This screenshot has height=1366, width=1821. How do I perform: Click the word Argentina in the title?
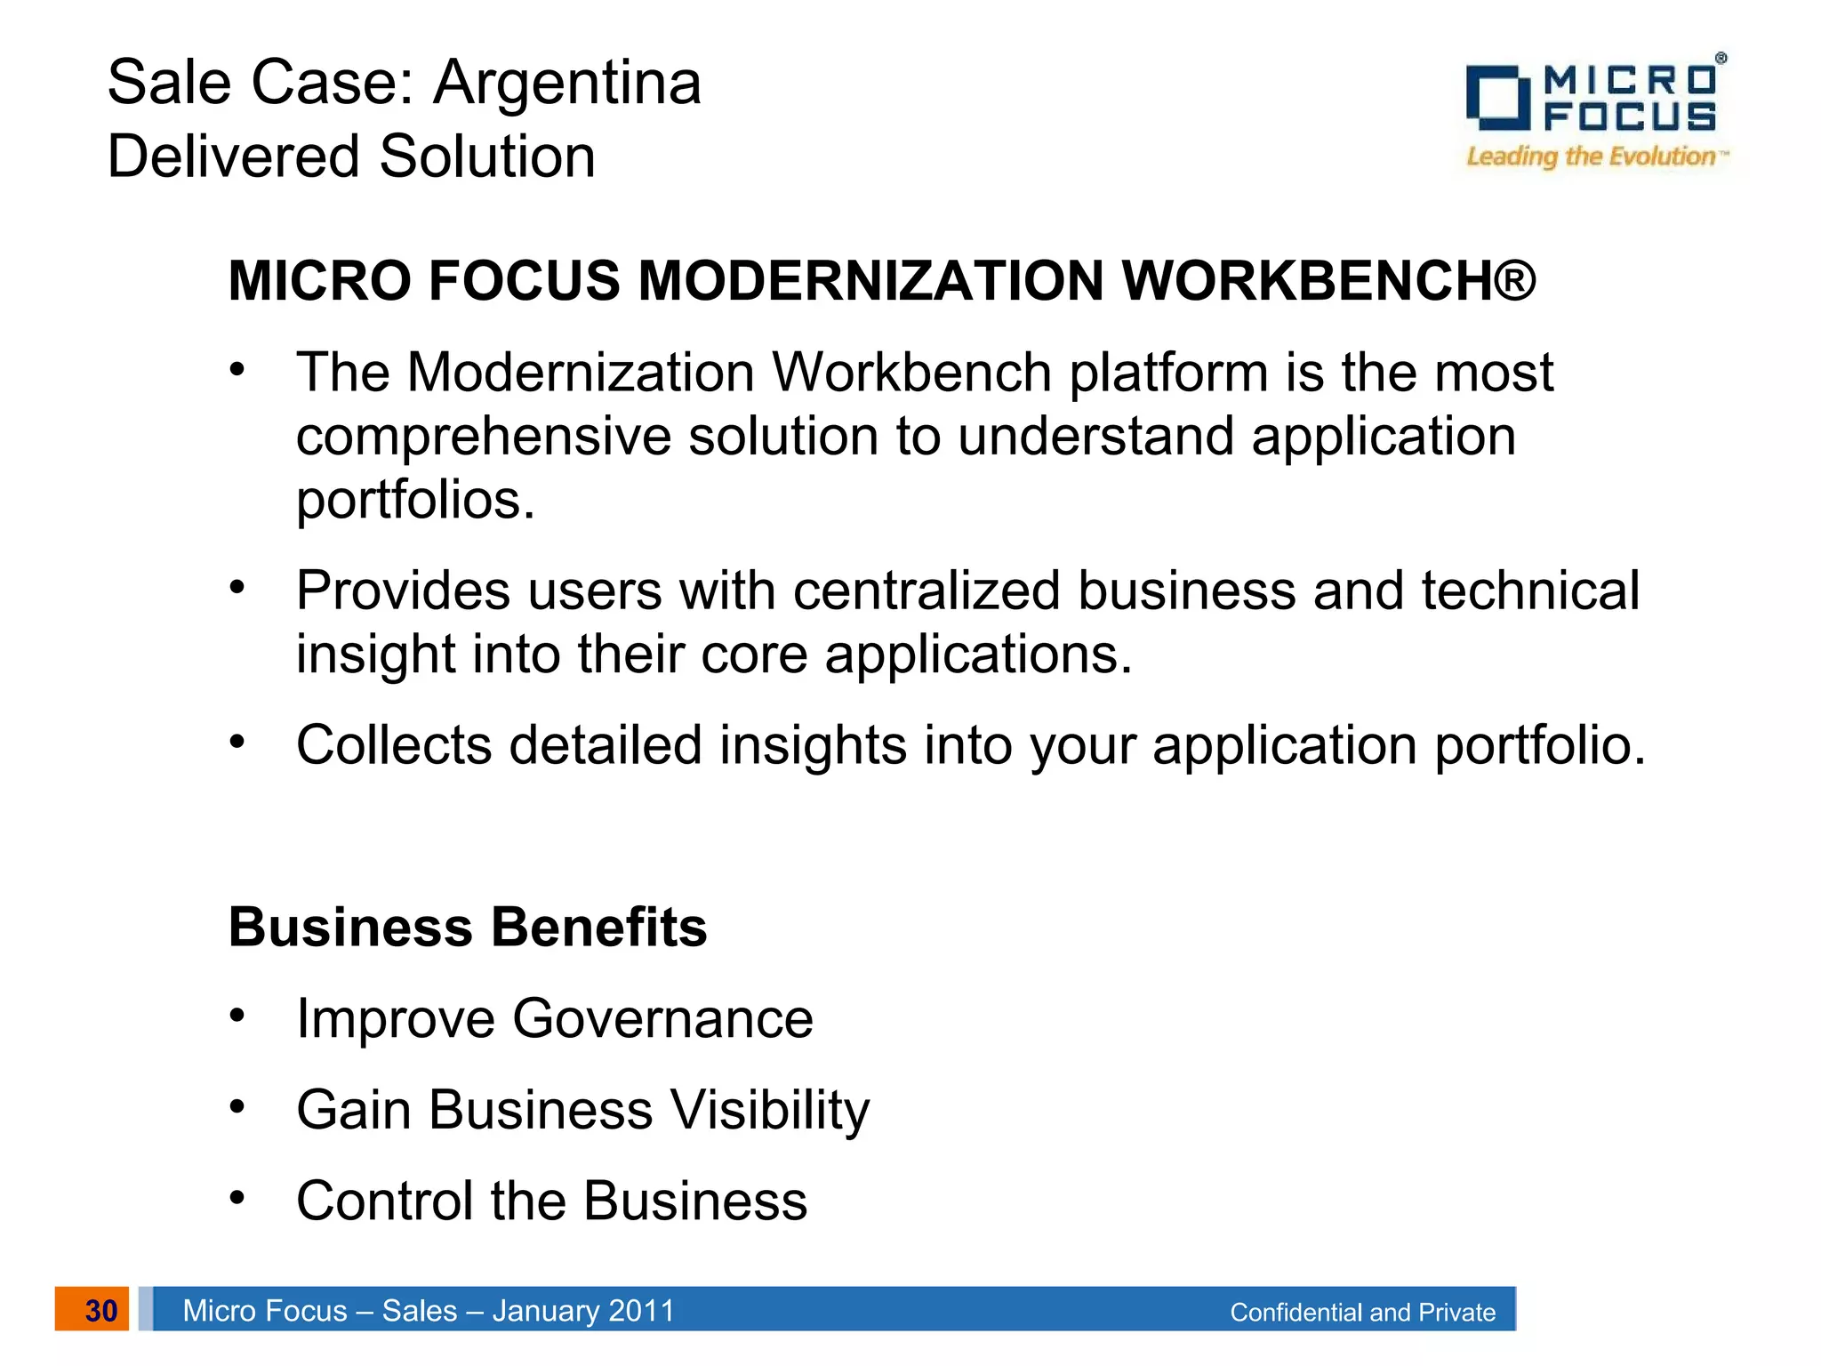[x=567, y=83]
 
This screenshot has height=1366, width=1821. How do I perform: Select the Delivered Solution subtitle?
[x=351, y=157]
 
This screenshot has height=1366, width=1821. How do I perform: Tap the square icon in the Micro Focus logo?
[x=1497, y=97]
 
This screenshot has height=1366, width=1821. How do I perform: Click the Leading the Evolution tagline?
[x=1591, y=157]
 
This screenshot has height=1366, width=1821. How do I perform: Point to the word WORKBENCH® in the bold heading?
[x=1328, y=281]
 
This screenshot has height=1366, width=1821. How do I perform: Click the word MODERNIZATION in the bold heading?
[x=871, y=281]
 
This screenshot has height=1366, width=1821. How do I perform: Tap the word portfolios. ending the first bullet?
[x=415, y=500]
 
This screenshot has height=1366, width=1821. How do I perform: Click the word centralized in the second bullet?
[x=927, y=591]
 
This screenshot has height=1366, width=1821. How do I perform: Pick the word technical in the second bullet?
[x=1529, y=591]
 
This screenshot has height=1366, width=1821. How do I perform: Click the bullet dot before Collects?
[x=237, y=740]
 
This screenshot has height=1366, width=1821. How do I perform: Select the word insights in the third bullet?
[x=813, y=744]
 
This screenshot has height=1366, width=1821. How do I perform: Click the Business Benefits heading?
[x=468, y=928]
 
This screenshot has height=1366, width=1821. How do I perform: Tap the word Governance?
[x=662, y=1018]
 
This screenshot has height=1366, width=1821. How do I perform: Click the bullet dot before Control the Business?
[x=237, y=1197]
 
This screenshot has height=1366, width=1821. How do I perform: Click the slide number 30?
[x=100, y=1310]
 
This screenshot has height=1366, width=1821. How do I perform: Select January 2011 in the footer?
[x=583, y=1311]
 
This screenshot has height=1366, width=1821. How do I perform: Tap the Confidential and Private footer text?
[x=1362, y=1313]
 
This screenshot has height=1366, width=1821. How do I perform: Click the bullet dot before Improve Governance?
[x=237, y=1015]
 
